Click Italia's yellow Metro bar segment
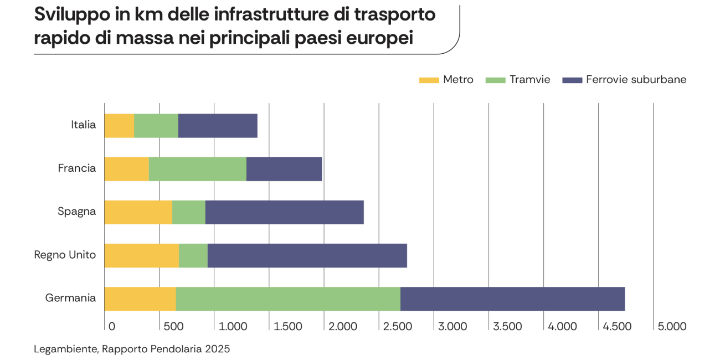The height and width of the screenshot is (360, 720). pos(119,126)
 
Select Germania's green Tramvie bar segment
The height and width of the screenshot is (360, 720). pos(288,299)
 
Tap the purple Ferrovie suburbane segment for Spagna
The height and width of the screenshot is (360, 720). pos(284,212)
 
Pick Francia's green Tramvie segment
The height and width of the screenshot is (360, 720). pos(198,169)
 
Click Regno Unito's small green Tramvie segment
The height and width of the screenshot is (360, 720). pos(193,255)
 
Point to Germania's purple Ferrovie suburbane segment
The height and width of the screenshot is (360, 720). pos(512,299)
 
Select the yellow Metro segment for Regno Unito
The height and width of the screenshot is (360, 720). pos(141,255)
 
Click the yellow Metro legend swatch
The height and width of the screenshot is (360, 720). pos(428,80)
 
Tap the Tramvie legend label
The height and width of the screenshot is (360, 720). pos(530,80)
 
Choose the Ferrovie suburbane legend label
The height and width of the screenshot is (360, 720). pos(636,80)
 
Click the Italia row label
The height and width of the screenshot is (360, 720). pos(83,125)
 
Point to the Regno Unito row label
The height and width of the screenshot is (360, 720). pos(65,255)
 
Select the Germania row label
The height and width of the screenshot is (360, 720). pos(70,299)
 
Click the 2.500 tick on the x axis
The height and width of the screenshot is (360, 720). pos(397,327)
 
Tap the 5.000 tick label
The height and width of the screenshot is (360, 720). pos(672,327)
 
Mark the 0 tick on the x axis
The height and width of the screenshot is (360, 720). pos(111,327)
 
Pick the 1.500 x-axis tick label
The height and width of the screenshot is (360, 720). pos(288,327)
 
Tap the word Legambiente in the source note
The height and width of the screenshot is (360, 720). pos(65,349)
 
